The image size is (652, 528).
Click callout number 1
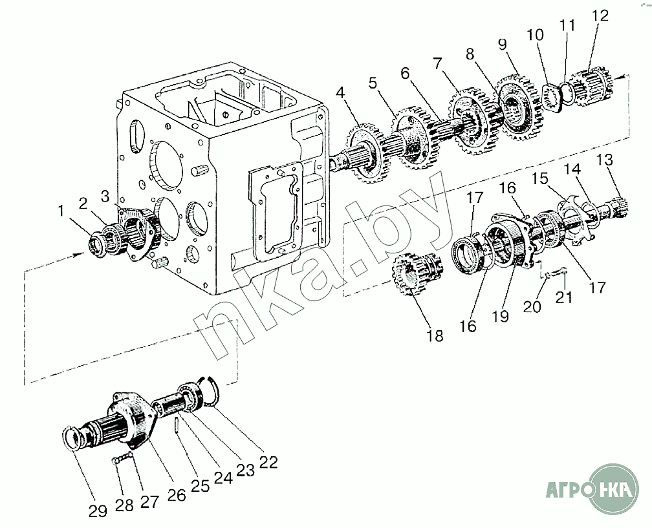click(x=61, y=211)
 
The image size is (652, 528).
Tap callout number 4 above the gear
click(x=340, y=92)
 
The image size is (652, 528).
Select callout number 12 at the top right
click(x=600, y=16)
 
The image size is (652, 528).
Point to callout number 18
click(x=435, y=335)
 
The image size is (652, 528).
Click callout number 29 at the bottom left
click(x=98, y=511)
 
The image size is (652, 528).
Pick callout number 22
click(x=268, y=462)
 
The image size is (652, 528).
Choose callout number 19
click(x=500, y=316)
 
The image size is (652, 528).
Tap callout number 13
click(x=605, y=160)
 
